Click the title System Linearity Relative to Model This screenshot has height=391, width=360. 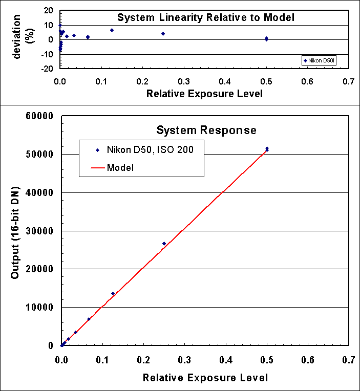pos(206,17)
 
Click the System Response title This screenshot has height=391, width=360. pos(206,131)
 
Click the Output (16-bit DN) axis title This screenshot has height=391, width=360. pos(15,231)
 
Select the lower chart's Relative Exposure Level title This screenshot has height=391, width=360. pos(205,378)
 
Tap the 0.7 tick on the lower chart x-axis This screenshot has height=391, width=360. pos(349,360)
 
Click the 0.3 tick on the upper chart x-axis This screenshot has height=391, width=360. pos(184,81)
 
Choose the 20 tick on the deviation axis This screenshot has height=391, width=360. pos(50,11)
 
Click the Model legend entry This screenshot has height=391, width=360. pos(120,167)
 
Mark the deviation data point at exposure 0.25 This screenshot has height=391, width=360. pos(163,34)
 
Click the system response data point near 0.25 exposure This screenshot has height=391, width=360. pos(164,244)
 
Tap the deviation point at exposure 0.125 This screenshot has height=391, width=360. pos(112,30)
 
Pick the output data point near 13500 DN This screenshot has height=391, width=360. pos(113,294)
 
